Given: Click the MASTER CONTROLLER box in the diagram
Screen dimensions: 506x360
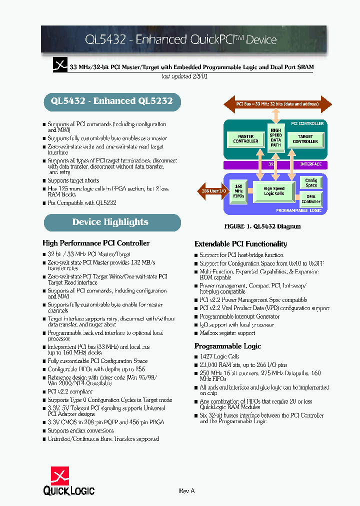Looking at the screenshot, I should tap(246, 139).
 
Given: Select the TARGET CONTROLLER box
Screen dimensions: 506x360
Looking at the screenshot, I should tap(304, 139).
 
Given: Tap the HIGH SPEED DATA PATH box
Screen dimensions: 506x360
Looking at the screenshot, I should tap(275, 138).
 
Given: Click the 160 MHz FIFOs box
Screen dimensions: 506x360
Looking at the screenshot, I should tap(238, 191).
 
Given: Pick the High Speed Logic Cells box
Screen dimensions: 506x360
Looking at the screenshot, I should tap(273, 191).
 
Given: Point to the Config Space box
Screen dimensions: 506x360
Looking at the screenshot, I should tap(311, 183).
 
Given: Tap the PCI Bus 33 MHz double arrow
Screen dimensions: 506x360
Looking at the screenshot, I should tap(276, 104).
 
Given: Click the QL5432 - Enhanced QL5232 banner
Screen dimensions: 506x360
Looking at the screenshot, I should tap(111, 101).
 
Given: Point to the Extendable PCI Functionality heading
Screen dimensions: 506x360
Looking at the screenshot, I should tap(240, 244).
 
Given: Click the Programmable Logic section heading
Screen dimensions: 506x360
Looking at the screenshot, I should tap(227, 346).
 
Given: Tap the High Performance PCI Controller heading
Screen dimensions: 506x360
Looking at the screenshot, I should tap(96, 243).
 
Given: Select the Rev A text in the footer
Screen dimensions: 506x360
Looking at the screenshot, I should tap(186, 491).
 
